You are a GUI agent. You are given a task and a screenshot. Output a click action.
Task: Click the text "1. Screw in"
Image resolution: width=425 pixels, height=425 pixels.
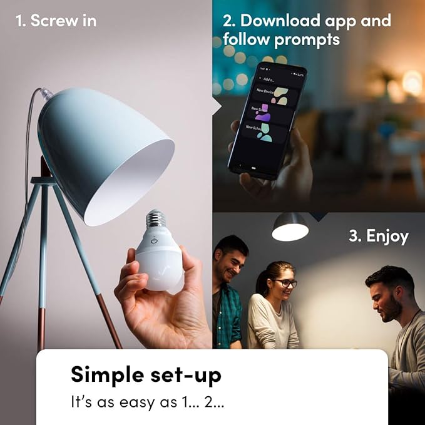(x=55, y=20)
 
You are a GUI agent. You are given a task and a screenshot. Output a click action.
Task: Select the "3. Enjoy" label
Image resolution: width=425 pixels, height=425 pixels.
(x=378, y=236)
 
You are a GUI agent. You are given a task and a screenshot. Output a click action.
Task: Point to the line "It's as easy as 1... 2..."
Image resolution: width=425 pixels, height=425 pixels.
(x=147, y=401)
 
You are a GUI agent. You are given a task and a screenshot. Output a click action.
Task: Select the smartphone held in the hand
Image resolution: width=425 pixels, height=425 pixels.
(x=266, y=122)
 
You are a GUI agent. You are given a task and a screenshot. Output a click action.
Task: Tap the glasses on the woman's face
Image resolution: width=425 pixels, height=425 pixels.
(x=285, y=283)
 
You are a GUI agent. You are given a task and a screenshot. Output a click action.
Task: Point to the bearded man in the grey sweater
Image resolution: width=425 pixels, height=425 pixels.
(x=391, y=313)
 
